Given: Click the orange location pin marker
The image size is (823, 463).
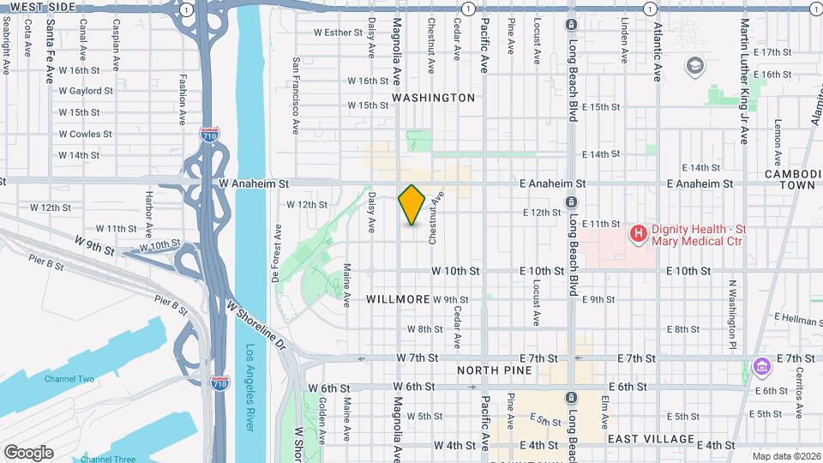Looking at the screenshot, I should pos(411,205).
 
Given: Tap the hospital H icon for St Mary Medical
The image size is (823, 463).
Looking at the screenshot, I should pos(638,232).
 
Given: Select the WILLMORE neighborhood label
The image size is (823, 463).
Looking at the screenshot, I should pos(398,299).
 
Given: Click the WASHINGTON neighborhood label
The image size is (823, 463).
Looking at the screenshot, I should pos(433,98).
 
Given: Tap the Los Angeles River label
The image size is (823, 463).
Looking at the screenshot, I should pos(250,377).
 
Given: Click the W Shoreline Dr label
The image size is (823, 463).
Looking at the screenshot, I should pos(255,324).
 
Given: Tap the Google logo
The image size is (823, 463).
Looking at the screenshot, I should pos(28,452).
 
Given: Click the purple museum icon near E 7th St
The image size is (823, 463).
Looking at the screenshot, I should pos(760,367).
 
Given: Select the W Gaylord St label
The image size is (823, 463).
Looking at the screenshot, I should pos(86,91).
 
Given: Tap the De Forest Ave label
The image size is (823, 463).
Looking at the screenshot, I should pos(277,254).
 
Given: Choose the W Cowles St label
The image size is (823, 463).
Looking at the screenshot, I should pos(85,134).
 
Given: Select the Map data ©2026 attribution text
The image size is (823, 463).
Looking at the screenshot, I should pos(786,456).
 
